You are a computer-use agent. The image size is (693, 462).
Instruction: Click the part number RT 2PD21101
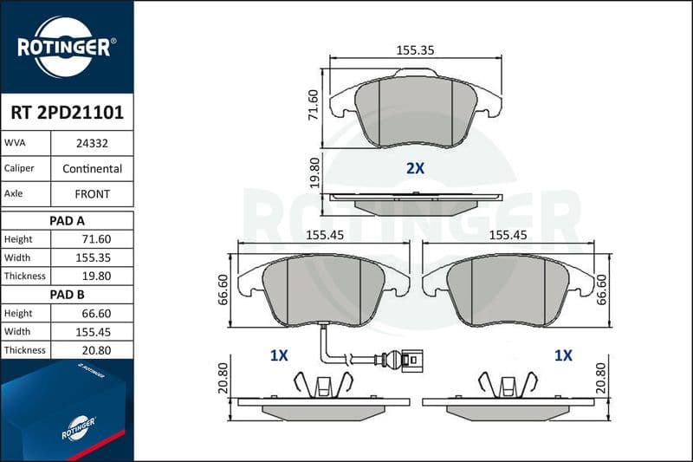[x=68, y=113]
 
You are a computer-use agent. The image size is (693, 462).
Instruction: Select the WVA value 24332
[x=92, y=143]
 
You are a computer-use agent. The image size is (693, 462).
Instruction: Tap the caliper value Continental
[x=92, y=168]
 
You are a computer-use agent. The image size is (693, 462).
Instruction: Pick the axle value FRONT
[x=92, y=193]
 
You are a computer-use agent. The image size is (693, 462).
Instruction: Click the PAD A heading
[x=67, y=221]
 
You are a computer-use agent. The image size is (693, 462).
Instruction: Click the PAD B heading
[x=67, y=295]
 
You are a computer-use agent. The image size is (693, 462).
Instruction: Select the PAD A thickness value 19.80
[x=96, y=276]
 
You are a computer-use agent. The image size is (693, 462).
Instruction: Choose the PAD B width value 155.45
[x=93, y=332]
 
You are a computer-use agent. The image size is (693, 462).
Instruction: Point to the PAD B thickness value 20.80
[x=96, y=350]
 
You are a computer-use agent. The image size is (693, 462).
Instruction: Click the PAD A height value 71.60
[x=96, y=239]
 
